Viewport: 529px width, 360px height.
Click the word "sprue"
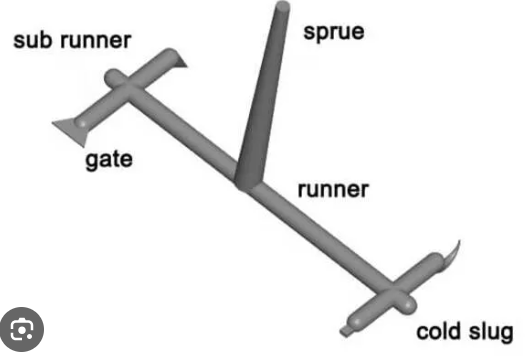point(334,33)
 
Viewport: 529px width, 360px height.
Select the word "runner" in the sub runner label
point(95,41)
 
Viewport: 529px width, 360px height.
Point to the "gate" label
point(109,161)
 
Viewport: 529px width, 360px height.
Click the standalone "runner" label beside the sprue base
point(333,190)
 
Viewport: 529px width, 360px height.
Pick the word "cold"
point(439,331)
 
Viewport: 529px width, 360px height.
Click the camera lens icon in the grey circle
point(22,329)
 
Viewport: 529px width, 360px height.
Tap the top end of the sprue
point(283,6)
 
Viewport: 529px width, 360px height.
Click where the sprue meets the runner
point(248,184)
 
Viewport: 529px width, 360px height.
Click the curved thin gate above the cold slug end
point(451,254)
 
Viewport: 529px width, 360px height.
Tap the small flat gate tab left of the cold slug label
point(346,331)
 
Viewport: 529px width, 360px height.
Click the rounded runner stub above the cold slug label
point(407,304)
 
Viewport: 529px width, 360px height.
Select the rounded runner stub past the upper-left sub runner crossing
point(114,77)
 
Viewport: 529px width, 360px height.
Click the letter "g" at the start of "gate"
point(91,162)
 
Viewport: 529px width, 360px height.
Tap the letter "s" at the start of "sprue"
point(309,33)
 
